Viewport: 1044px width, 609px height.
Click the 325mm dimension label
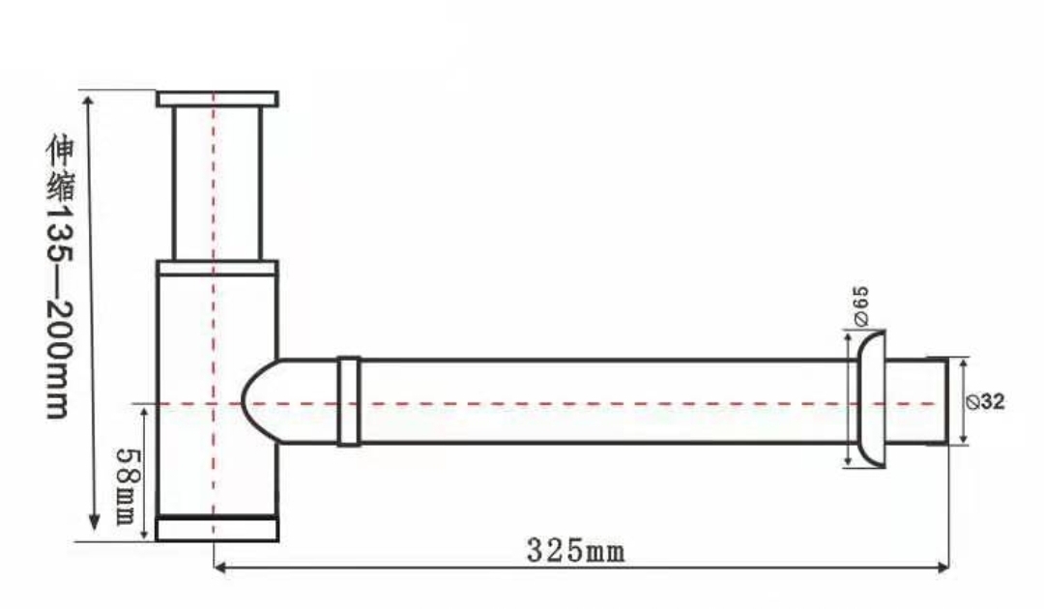coord(575,551)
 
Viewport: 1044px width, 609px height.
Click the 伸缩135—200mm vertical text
coord(60,275)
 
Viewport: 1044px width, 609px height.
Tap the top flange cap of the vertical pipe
coord(217,99)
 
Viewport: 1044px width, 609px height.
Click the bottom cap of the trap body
coord(217,528)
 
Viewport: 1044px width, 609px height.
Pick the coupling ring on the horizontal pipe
coord(349,401)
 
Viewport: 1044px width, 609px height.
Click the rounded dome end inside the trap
coord(255,401)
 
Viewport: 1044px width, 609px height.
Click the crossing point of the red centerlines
coord(214,402)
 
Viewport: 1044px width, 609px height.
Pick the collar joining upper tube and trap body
coord(217,268)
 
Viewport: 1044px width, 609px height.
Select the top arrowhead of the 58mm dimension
coord(145,412)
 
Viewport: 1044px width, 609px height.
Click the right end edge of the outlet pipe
coord(947,401)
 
